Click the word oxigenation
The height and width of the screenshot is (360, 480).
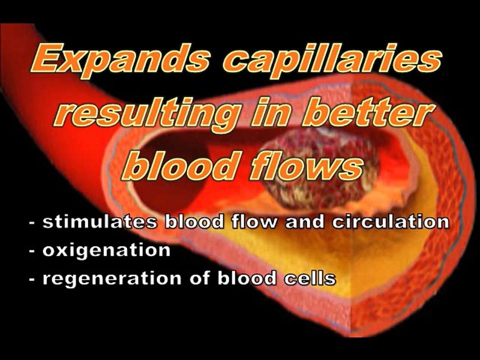point(106,250)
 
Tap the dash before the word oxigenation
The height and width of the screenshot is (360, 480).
point(32,250)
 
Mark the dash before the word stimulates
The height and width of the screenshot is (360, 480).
point(32,222)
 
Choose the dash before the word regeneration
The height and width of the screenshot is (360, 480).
point(32,278)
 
